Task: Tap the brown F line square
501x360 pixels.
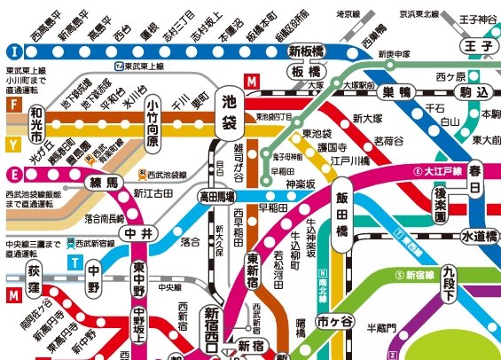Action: click(12, 104)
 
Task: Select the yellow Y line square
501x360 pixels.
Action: click(12, 143)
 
